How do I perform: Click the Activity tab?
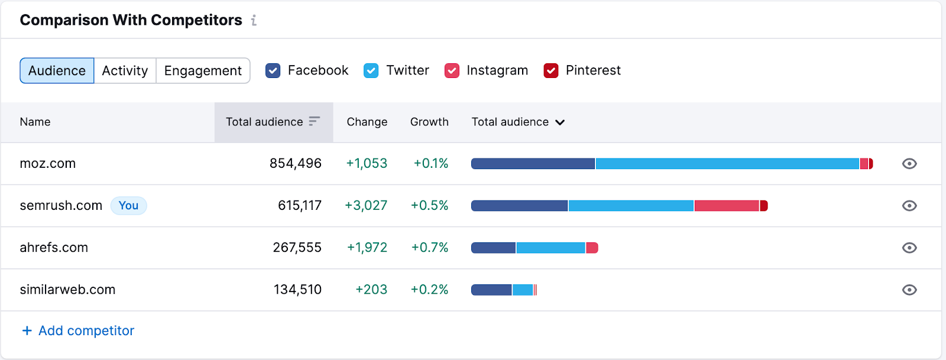(x=125, y=71)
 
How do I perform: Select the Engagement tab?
(x=203, y=71)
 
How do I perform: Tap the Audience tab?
(x=57, y=71)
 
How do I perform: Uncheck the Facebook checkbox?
(x=273, y=71)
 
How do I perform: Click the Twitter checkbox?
(x=371, y=71)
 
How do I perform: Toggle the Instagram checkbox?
(x=452, y=71)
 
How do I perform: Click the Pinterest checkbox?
(x=551, y=71)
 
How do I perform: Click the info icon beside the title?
(x=254, y=21)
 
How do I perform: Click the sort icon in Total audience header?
(x=315, y=121)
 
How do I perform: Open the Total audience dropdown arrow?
(x=560, y=122)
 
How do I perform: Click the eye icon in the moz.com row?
(x=909, y=164)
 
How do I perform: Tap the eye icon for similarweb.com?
(x=909, y=290)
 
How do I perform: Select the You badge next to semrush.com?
(x=128, y=206)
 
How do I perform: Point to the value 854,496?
(x=295, y=164)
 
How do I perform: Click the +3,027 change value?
(x=366, y=206)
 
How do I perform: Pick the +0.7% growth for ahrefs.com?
(x=430, y=248)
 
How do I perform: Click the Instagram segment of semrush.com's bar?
(x=726, y=206)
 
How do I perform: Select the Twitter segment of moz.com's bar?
(x=727, y=164)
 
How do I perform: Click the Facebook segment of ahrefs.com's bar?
(x=493, y=248)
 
